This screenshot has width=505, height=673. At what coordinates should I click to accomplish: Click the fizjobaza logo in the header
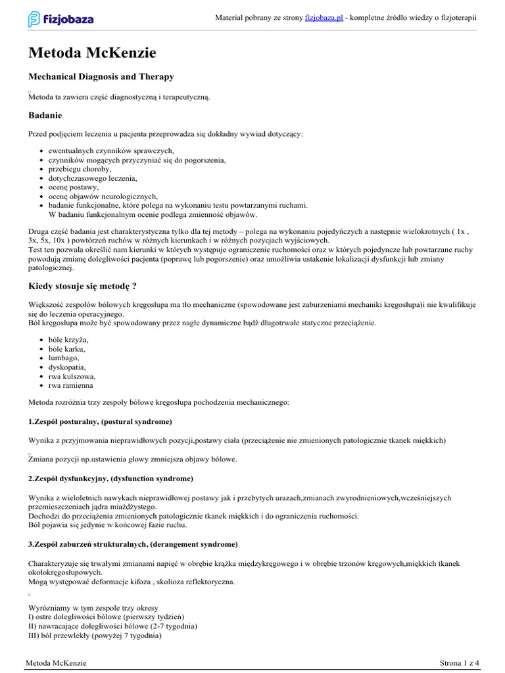(60, 19)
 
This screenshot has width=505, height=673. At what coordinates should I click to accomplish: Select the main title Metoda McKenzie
(92, 53)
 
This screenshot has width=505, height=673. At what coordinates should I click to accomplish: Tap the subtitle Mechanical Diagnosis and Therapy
(101, 77)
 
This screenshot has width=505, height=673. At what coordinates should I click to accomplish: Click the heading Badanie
(45, 116)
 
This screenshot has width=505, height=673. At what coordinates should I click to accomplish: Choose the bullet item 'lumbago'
(64, 358)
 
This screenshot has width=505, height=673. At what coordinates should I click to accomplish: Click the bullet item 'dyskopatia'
(67, 367)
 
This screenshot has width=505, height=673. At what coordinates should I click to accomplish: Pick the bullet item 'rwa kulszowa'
(72, 377)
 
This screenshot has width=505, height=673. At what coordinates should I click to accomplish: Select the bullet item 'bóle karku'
(68, 349)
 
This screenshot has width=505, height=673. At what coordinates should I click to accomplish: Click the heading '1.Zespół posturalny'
(100, 421)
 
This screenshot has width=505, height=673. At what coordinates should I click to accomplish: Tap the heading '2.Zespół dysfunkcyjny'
(110, 478)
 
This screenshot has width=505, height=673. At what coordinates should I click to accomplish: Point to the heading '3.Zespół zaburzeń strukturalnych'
(133, 545)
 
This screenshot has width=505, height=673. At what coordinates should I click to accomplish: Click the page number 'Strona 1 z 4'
(459, 663)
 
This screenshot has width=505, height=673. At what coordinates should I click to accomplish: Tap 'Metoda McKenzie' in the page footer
(57, 663)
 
